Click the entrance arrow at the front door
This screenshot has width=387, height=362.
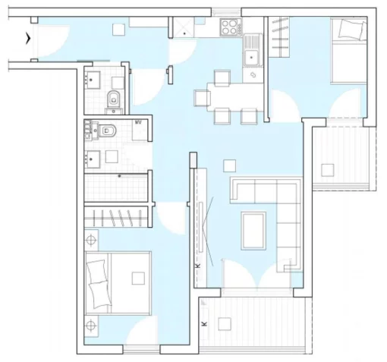tap(28, 39)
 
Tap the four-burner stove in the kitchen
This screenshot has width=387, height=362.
tap(228, 27)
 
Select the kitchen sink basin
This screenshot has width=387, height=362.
tap(251, 58)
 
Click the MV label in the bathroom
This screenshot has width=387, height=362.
tap(138, 122)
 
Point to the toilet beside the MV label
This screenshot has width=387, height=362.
tap(107, 131)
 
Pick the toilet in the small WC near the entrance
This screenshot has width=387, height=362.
tap(114, 100)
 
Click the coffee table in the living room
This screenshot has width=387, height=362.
tap(253, 231)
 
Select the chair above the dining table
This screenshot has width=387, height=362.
tap(222, 78)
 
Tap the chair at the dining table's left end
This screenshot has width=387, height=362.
tap(202, 98)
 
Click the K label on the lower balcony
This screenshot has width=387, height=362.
tap(204, 323)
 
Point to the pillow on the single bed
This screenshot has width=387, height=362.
tap(351, 30)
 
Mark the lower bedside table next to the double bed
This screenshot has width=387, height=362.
tap(91, 326)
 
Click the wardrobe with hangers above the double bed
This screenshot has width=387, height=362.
tap(117, 217)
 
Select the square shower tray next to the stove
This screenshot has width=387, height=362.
tap(184, 27)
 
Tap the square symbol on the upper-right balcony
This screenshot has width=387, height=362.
tap(328, 170)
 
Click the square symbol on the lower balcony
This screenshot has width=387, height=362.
tap(225, 324)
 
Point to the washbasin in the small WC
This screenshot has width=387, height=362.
tap(92, 80)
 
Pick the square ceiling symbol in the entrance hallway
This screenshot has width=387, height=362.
tap(118, 30)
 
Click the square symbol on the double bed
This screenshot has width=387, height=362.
tap(138, 279)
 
